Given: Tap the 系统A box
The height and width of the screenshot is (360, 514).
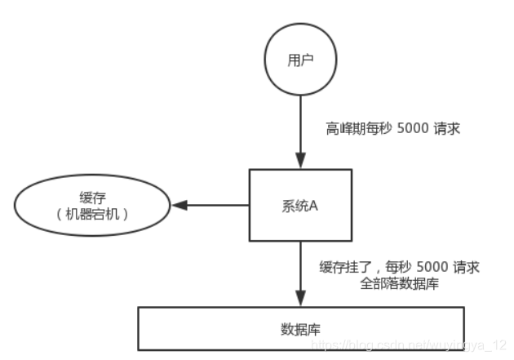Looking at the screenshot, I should pyautogui.click(x=299, y=205).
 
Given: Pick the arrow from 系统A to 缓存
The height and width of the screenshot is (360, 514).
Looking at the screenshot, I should pyautogui.click(x=216, y=205).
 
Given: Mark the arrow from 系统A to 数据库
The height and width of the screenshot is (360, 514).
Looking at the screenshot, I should pyautogui.click(x=299, y=273).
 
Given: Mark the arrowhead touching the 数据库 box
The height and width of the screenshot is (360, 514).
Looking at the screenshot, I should pyautogui.click(x=299, y=301).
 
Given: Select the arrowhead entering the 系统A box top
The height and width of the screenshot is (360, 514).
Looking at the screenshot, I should pyautogui.click(x=299, y=164).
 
